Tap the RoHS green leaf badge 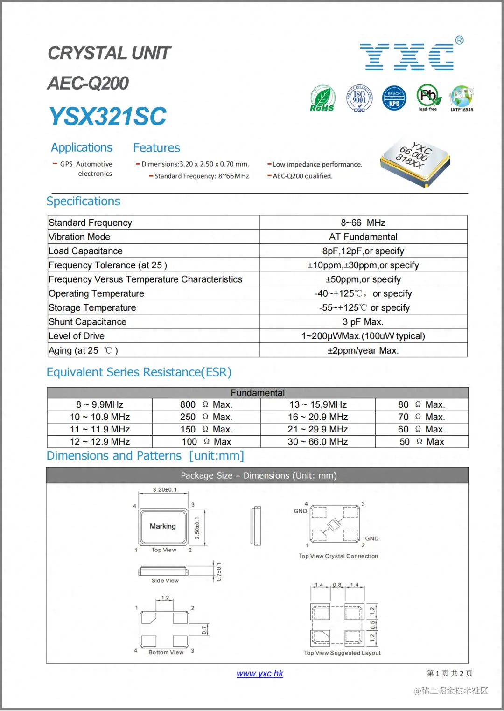coord(322,98)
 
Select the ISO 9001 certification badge coord(359,98)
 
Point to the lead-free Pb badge coord(428,97)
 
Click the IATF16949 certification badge coord(462,98)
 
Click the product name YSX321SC coord(108,116)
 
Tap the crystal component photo coord(415,161)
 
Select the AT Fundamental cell coord(363,237)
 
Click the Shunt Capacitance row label coord(87,322)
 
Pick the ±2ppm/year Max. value coord(363,350)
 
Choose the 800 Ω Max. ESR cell coord(206,404)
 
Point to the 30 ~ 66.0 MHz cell coord(318,442)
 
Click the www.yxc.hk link coord(260,673)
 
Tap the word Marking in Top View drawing coord(163,526)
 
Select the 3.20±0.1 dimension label coord(165,489)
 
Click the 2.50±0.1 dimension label coord(197,528)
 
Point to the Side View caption coord(165,581)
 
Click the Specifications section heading coord(84,201)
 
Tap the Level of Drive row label coord(77,336)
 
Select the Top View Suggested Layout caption coord(342,653)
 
